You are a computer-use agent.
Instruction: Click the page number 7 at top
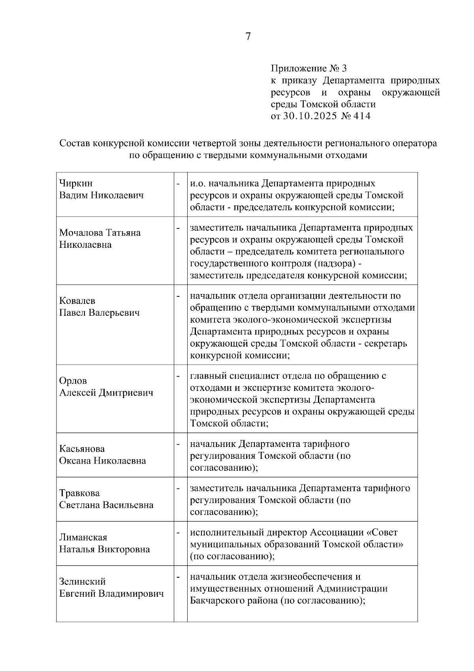pos(248,36)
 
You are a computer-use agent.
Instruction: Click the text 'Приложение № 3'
pos(308,68)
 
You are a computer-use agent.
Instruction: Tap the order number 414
pos(362,116)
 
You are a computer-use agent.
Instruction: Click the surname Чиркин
pos(76,183)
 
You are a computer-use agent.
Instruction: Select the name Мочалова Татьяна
pos(100,233)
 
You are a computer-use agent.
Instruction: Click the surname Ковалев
pos(77,301)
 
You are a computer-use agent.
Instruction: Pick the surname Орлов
pos(73,381)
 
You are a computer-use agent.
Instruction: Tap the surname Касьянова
pos(82,449)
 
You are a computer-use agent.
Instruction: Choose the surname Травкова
pos(79,493)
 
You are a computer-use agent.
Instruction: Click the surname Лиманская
pos(83,537)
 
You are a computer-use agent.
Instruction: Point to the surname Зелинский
pos(82,582)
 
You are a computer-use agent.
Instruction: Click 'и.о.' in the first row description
pos(197,183)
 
